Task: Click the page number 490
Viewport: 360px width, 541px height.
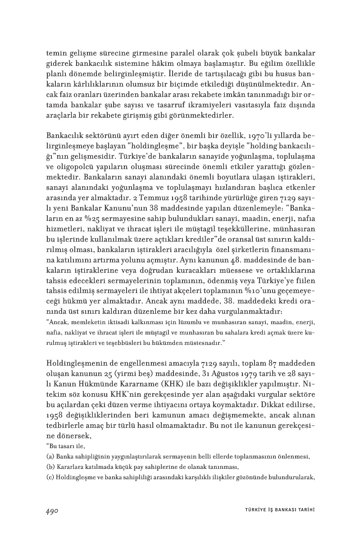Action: (53, 510)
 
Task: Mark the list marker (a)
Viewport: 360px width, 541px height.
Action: (50, 456)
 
